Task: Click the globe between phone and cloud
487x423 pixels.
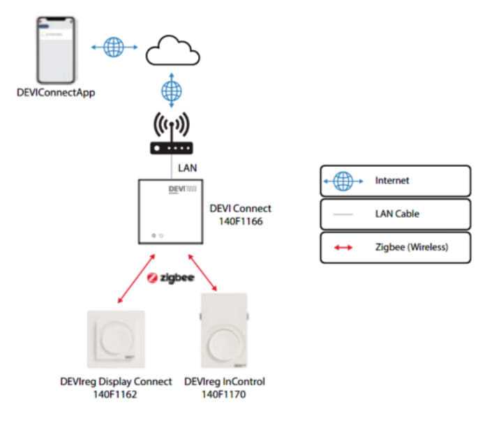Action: [x=113, y=47]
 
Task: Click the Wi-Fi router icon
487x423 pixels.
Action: [x=170, y=135]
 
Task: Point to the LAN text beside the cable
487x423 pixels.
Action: [x=188, y=168]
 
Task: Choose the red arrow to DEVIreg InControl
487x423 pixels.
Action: [x=204, y=273]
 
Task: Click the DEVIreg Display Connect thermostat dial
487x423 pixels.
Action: [x=117, y=341]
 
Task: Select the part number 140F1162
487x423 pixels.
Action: [x=117, y=394]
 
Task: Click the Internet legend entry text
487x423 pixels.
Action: [x=392, y=181]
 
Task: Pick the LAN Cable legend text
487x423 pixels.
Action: [x=398, y=214]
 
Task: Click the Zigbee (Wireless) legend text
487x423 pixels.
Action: [x=412, y=248]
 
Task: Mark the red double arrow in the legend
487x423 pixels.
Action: [x=343, y=248]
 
